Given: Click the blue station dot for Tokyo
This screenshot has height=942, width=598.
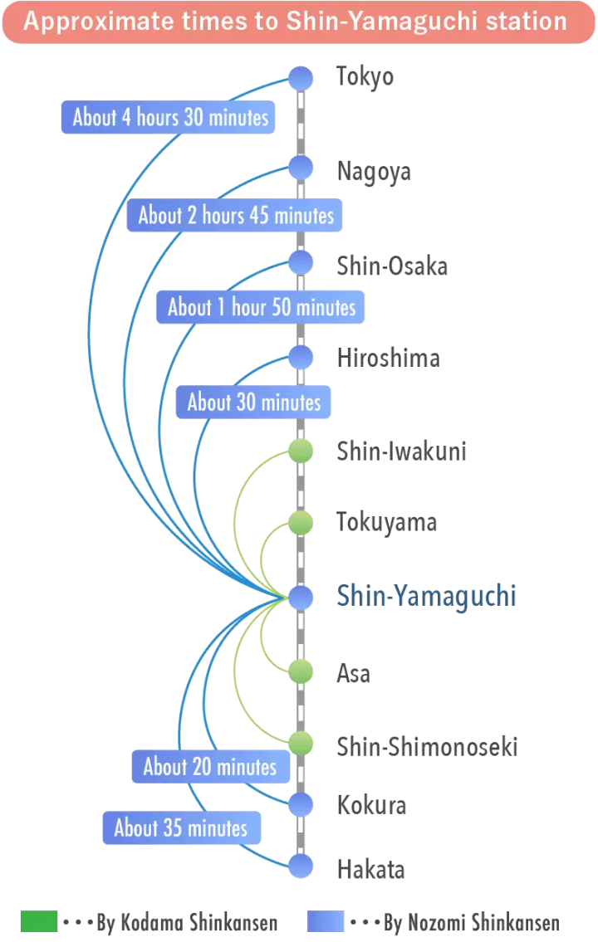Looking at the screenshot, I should (300, 78).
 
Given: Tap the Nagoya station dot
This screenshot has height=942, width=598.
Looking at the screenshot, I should (300, 168).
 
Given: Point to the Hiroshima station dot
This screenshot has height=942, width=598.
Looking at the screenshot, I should (300, 357).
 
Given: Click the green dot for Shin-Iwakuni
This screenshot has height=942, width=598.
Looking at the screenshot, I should (300, 451).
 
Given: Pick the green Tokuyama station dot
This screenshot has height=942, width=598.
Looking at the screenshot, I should (300, 523).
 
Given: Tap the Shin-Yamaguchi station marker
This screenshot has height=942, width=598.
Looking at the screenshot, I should (300, 596).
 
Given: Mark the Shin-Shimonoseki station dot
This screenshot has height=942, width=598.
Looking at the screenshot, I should (300, 744).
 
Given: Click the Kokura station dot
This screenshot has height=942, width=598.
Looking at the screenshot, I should (300, 803).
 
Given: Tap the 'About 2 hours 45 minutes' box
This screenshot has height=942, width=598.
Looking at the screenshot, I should (236, 215).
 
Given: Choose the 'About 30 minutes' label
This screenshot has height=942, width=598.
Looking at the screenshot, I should (254, 403).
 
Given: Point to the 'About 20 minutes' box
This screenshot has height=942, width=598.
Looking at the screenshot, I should (210, 766).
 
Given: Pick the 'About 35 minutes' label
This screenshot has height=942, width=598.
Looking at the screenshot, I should (181, 827).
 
